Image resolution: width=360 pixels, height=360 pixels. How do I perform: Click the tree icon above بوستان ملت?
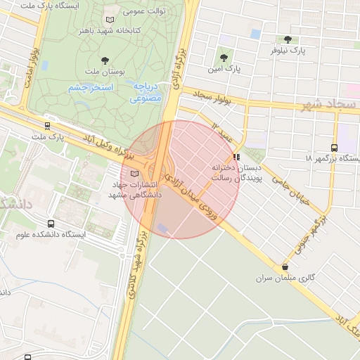105,60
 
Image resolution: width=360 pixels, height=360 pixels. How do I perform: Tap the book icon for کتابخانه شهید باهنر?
108,20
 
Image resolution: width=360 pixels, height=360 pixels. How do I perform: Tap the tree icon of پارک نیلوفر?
288,39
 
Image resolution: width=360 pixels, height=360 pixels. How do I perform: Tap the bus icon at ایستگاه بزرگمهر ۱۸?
333,148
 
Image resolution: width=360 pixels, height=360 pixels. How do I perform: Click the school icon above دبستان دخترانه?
236,157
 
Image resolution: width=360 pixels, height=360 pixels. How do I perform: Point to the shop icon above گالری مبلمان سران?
285,267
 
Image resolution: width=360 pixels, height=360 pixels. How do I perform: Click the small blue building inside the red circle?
162,227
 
